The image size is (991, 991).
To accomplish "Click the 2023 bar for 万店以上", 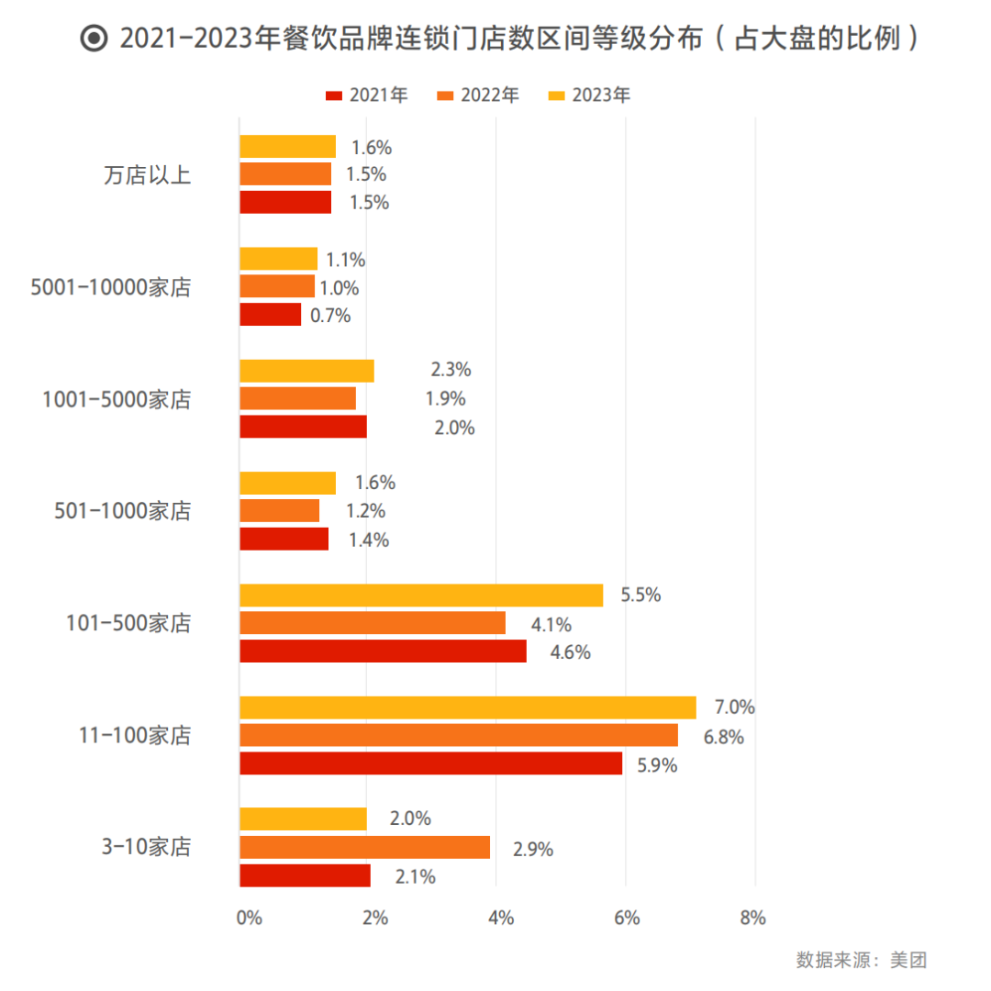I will (x=287, y=147).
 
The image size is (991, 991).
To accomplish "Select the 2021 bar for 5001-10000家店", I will (x=271, y=315).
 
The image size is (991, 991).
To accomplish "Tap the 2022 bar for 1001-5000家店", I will (x=297, y=398).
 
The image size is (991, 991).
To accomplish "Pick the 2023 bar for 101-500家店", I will (x=421, y=596).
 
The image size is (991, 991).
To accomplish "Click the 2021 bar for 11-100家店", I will (x=430, y=763).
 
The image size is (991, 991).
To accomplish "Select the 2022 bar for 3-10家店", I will (x=364, y=848).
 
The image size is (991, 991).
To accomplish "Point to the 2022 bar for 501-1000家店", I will (x=280, y=510).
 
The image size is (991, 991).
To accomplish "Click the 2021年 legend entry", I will (x=366, y=95).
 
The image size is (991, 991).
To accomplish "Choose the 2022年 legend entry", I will (x=478, y=95).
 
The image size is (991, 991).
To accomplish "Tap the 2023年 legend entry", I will (x=589, y=95).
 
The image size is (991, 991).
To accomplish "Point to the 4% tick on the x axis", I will (x=500, y=918).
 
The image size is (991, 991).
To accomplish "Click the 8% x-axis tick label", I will (x=752, y=918).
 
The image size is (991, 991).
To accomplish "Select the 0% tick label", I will (x=249, y=918).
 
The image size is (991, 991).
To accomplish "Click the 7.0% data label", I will (x=734, y=707).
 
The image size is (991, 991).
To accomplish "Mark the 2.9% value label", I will (x=533, y=849).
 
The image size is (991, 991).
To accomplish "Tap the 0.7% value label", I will (x=331, y=316).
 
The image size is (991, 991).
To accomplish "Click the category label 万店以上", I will (x=147, y=175).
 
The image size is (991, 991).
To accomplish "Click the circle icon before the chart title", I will (x=94, y=39).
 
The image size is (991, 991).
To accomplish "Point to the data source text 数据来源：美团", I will (x=862, y=960).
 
